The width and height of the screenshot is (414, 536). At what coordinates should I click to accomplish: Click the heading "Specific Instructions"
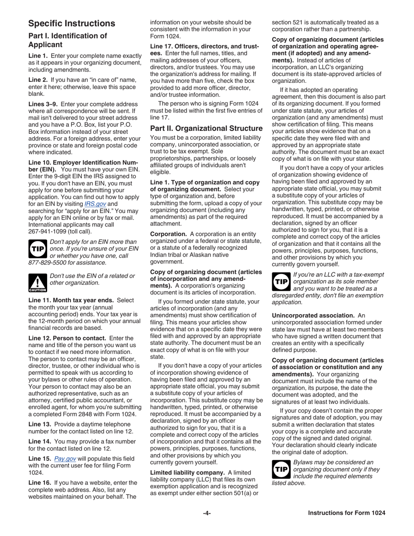[72, 24]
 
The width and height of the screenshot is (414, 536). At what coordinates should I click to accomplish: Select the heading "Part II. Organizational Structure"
[206, 128]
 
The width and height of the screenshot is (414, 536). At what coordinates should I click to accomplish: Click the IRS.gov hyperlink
[95, 204]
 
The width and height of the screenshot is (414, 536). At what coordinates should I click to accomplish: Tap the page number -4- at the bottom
[207, 513]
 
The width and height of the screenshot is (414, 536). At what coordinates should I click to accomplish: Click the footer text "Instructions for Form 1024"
[346, 513]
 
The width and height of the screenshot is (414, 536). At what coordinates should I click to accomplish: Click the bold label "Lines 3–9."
[44, 104]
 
